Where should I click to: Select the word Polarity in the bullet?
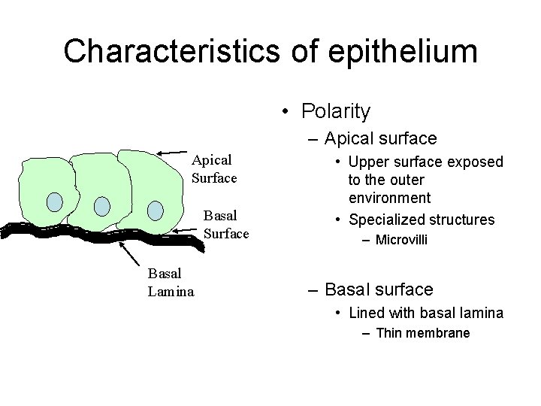[x=336, y=112]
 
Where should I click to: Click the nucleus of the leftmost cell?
[x=55, y=201]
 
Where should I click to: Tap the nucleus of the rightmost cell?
[x=155, y=210]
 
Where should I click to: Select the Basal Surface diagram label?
[x=225, y=225]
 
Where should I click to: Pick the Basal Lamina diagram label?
[x=171, y=281]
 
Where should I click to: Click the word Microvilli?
[x=402, y=240]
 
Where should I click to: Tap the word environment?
[x=389, y=198]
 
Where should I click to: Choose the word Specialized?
[x=386, y=220]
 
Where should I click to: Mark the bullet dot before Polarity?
[x=286, y=113]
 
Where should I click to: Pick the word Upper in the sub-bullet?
[x=367, y=162]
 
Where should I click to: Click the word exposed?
[x=476, y=162]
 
